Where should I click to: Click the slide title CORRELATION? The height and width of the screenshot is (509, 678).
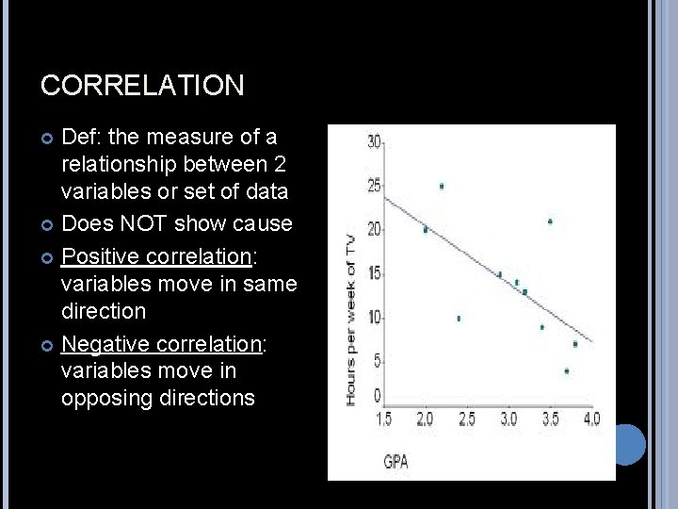click(x=142, y=86)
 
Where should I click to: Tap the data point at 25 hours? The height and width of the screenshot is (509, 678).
click(x=442, y=186)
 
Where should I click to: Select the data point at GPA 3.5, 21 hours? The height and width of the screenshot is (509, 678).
click(x=550, y=222)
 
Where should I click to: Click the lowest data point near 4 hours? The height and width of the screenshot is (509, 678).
click(x=566, y=370)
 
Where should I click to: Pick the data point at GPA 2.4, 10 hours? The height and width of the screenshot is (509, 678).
click(x=459, y=318)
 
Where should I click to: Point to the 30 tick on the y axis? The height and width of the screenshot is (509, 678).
click(x=375, y=141)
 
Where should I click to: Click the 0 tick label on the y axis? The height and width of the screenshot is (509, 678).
click(x=377, y=397)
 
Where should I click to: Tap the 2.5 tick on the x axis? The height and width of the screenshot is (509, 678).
click(x=466, y=419)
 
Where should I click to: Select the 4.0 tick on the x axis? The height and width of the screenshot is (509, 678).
click(x=591, y=419)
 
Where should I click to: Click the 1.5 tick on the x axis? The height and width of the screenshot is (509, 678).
click(x=384, y=419)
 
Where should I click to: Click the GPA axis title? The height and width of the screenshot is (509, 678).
click(x=395, y=462)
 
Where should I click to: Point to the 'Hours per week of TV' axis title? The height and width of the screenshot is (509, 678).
click(x=350, y=320)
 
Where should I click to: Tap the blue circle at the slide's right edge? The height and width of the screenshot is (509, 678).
click(x=624, y=443)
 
